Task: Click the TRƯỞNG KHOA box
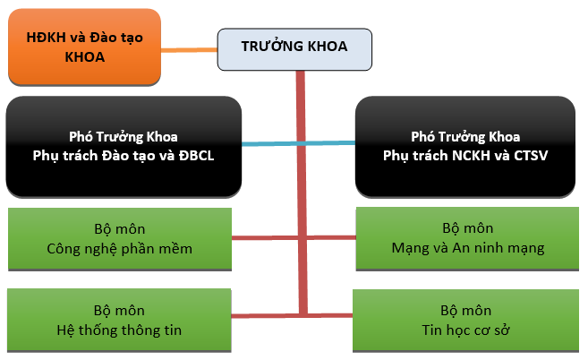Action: tap(294, 49)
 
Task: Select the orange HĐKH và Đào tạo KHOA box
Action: tap(85, 47)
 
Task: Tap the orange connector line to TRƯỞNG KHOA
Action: tap(190, 49)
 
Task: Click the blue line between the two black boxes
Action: tap(299, 143)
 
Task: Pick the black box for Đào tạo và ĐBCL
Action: tap(124, 146)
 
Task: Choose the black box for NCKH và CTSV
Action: tap(465, 146)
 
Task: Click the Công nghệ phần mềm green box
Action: tap(120, 239)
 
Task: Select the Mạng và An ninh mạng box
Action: tap(467, 238)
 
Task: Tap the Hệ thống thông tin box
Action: tap(119, 321)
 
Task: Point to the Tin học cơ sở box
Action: tap(465, 321)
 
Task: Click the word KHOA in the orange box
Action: tap(85, 57)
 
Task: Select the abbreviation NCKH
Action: tap(471, 156)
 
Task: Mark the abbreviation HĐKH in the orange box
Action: tap(47, 38)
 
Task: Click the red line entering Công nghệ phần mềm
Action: tap(265, 237)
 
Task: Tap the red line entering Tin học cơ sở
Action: tap(330, 315)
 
